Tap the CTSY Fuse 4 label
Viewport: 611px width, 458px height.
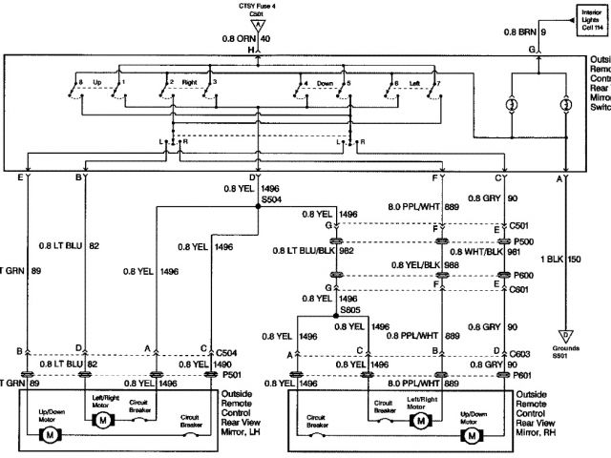pos(253,6)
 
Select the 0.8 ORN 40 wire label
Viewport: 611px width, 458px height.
pos(247,38)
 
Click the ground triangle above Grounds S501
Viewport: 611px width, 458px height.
pos(565,336)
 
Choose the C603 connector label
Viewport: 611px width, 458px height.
pos(520,352)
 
